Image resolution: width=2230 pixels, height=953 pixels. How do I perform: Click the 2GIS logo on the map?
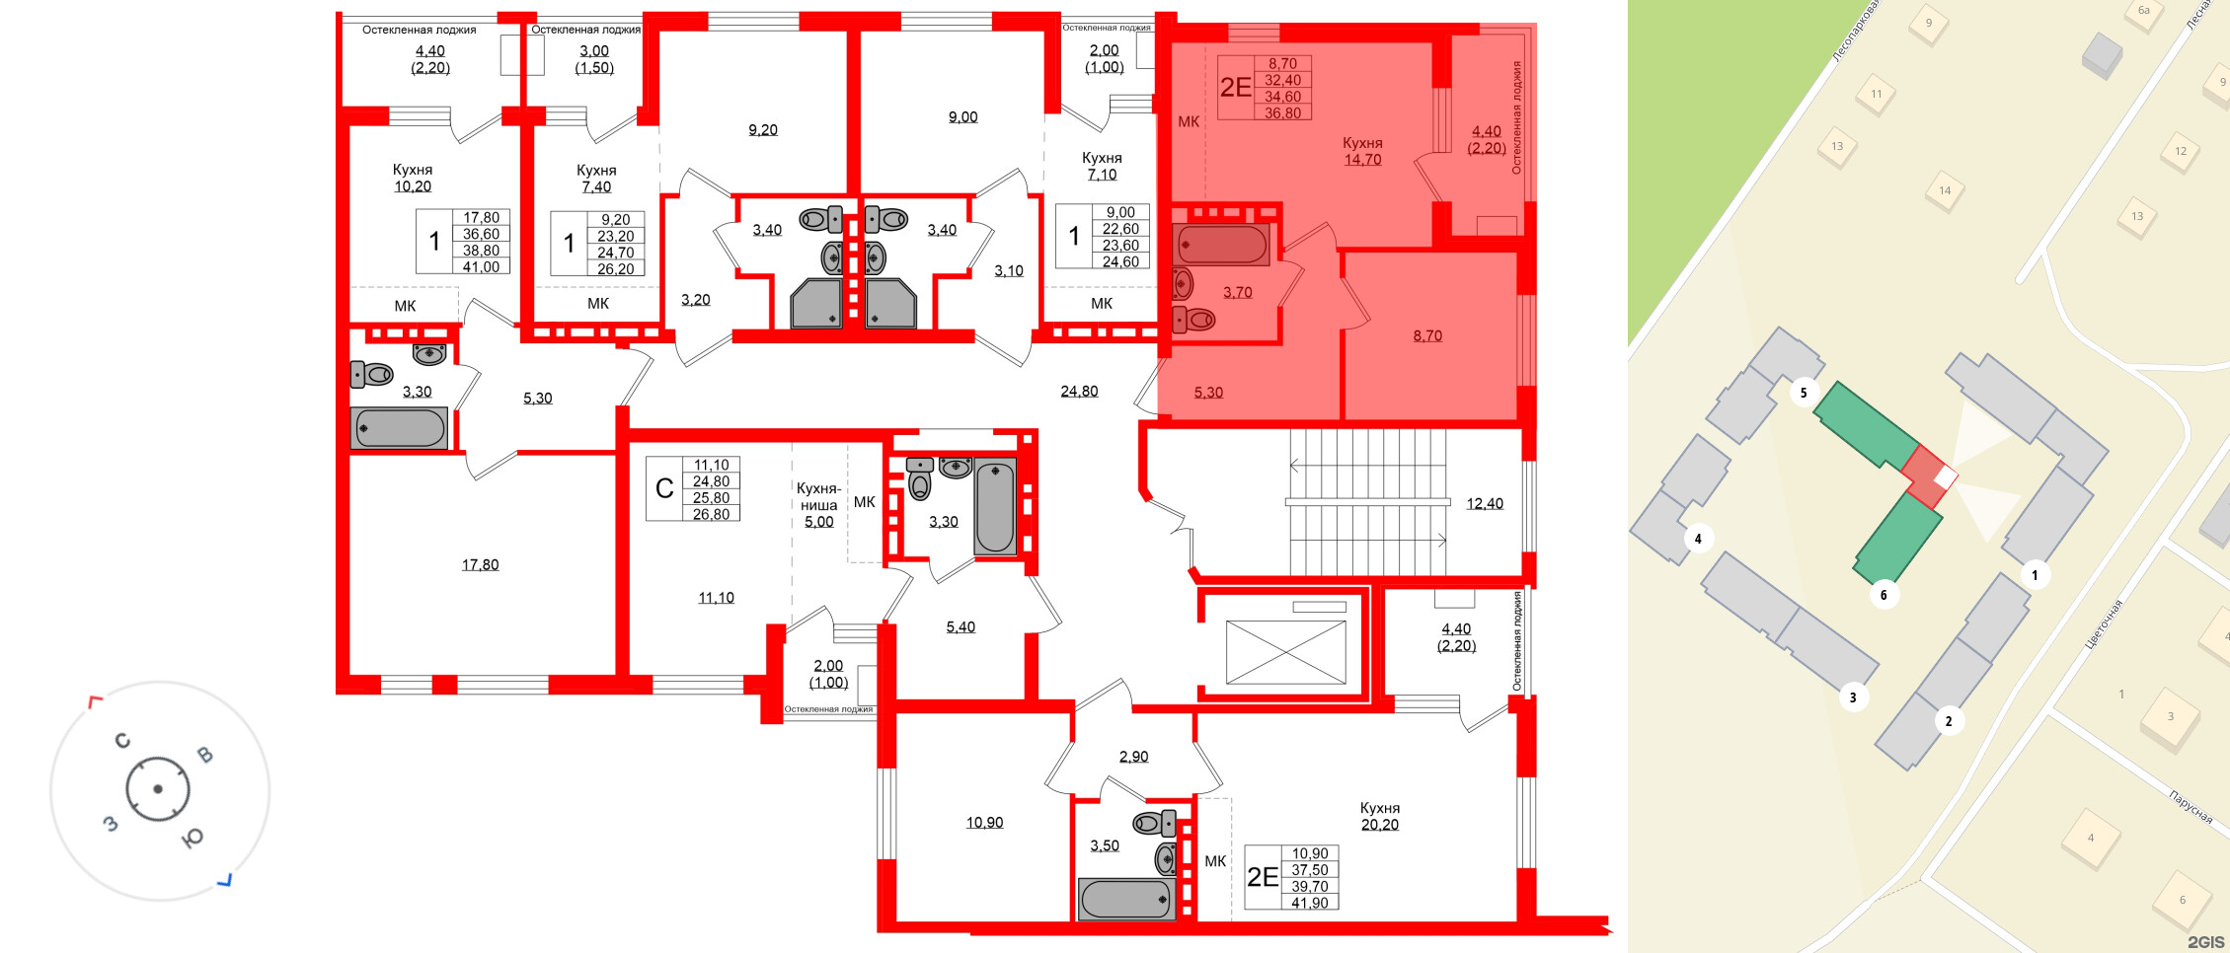(2205, 942)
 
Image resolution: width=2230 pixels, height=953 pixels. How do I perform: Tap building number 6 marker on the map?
(1884, 595)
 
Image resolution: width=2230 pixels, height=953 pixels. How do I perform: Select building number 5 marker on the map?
(1804, 393)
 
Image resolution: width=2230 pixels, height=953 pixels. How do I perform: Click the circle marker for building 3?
(1853, 697)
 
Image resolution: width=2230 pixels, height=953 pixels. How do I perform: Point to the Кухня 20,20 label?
(1379, 816)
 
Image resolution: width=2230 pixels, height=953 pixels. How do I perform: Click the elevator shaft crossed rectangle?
(1285, 651)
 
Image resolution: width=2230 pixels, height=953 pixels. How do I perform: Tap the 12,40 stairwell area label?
(1484, 504)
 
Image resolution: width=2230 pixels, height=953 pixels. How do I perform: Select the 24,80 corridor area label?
(1079, 391)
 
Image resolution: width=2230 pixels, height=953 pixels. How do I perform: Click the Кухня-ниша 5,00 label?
(818, 505)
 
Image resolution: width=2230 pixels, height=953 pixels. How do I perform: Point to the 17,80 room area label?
(480, 564)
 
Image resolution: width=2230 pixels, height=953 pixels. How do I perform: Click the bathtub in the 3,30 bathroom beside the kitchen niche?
(995, 508)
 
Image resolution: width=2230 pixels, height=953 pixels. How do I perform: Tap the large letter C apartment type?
(664, 488)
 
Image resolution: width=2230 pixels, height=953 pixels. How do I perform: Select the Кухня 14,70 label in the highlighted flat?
(1362, 151)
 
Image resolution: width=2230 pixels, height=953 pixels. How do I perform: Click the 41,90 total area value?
(1309, 903)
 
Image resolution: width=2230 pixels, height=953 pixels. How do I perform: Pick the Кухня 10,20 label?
(413, 178)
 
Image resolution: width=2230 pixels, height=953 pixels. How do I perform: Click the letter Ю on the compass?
(193, 838)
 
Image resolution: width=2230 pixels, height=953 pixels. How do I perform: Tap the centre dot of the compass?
(157, 789)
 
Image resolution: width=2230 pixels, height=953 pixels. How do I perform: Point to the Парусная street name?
(2191, 807)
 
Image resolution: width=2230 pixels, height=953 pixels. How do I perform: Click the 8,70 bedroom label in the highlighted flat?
(1427, 335)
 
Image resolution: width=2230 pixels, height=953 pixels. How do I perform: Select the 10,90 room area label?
(984, 822)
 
